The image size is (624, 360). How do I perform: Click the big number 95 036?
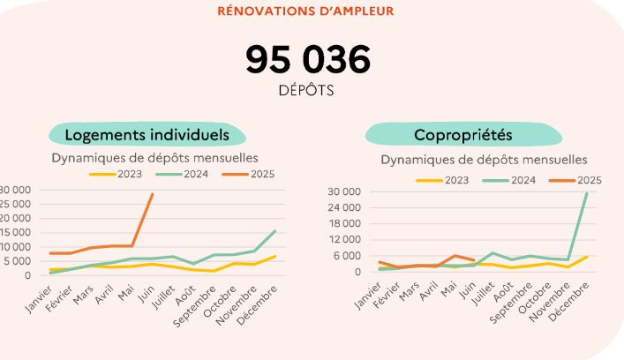pyautogui.click(x=308, y=60)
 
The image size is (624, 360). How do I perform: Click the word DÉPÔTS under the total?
pyautogui.click(x=308, y=90)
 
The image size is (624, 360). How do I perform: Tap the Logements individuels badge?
pyautogui.click(x=147, y=135)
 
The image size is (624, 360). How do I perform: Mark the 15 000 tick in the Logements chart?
pyautogui.click(x=16, y=233)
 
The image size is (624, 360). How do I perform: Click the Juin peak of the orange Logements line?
pyautogui.click(x=153, y=194)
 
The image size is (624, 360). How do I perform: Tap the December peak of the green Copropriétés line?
pyautogui.click(x=587, y=192)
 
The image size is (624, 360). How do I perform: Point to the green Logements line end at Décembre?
pyautogui.click(x=275, y=231)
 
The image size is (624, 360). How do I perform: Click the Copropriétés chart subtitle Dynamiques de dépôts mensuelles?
pyautogui.click(x=484, y=160)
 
